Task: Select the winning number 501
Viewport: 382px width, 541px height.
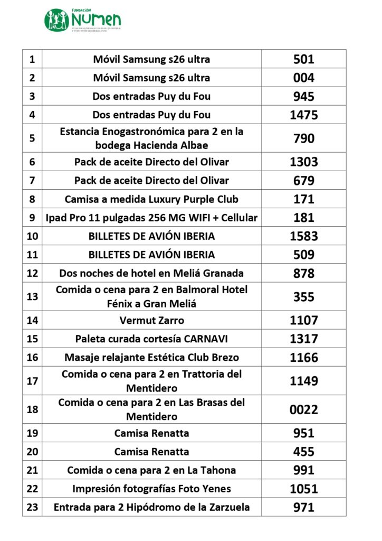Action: click(304, 59)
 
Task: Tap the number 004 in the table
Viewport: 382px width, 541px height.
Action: click(304, 78)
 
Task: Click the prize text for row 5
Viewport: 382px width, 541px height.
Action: click(151, 138)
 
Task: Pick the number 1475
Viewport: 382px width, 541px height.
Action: click(304, 115)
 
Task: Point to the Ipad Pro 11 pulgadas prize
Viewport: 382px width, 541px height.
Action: click(151, 218)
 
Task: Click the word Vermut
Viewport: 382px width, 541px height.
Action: click(137, 320)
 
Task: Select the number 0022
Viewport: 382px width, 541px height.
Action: click(304, 409)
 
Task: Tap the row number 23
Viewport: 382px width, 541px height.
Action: click(32, 507)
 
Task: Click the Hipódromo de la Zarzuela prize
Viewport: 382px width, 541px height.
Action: click(151, 507)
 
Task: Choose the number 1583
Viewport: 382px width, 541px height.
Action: click(304, 236)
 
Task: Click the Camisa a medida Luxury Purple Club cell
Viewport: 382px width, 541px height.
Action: click(151, 199)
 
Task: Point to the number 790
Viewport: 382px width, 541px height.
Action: click(304, 138)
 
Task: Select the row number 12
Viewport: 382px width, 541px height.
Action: click(32, 273)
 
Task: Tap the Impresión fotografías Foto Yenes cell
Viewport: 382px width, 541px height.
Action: click(151, 489)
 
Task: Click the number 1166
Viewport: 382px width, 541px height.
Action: click(304, 357)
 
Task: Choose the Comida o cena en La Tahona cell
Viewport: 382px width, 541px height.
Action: click(151, 470)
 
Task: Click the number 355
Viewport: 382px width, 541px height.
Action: click(304, 296)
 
